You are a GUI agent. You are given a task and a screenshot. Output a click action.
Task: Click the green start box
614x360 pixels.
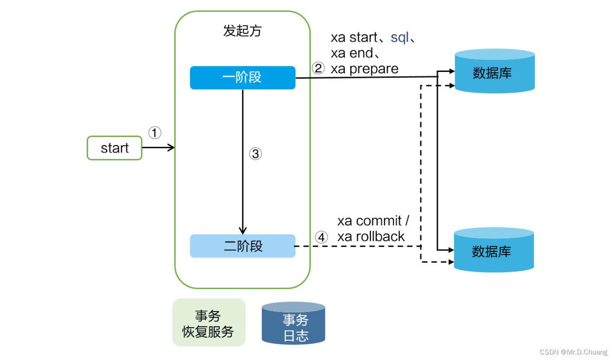115,148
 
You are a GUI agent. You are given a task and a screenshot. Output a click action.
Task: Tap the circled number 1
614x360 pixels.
155,133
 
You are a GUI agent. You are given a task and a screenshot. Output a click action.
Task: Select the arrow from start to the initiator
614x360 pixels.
158,148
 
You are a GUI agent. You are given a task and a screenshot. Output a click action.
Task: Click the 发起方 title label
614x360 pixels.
242,31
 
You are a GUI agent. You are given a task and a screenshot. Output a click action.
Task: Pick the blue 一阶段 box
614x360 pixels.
242,77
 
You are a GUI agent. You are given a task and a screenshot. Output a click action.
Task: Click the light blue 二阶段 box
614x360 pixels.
242,246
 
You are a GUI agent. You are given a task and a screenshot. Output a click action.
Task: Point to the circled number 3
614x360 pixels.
255,154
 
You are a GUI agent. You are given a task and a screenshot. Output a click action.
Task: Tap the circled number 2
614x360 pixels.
318,68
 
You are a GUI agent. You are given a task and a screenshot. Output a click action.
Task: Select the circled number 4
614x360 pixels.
321,237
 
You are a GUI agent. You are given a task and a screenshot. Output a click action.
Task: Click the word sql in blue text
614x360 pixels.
399,37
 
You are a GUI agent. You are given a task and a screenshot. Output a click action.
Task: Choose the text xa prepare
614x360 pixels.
364,69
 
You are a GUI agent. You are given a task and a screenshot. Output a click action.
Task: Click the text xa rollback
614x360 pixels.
371,237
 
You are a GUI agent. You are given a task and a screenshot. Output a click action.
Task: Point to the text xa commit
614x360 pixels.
370,221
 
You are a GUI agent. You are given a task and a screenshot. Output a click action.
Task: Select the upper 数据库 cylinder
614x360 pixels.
494,71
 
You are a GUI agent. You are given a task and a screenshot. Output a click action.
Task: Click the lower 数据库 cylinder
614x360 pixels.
493,250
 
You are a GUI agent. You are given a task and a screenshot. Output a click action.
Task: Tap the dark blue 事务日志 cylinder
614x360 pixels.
293,323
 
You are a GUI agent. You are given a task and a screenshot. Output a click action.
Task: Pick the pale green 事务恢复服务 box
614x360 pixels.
209,323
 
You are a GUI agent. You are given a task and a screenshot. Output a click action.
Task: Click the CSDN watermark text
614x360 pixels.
573,352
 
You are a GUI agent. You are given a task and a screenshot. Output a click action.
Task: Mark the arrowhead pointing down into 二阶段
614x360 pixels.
243,231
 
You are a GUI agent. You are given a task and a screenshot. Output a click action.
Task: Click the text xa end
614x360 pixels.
352,53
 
